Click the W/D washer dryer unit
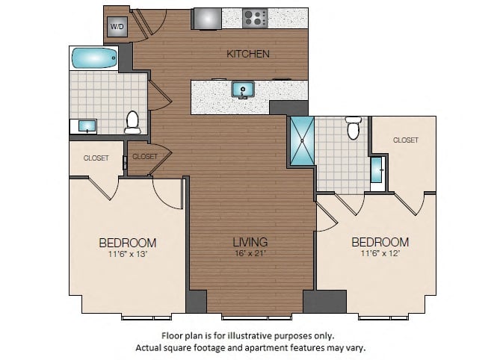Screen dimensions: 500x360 (x=117, y=26)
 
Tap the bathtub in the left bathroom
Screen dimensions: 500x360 (x=94, y=58)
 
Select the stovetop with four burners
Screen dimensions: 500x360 (x=255, y=18)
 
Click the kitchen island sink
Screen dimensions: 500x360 (x=243, y=90)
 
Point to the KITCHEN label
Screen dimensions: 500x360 (x=248, y=54)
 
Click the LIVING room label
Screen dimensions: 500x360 (x=250, y=242)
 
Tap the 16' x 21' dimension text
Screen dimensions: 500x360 (x=250, y=254)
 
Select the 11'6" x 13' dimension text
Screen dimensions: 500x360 (x=128, y=254)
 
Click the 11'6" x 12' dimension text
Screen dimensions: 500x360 (x=380, y=254)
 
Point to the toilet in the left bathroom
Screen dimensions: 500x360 (x=132, y=122)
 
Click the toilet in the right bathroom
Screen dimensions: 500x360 (x=354, y=128)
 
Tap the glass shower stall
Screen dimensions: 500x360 (x=302, y=141)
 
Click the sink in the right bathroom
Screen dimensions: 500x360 (x=377, y=170)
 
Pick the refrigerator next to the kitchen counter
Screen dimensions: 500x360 (x=207, y=19)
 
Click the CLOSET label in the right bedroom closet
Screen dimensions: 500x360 (x=406, y=140)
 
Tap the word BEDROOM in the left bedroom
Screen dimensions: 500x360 (x=128, y=243)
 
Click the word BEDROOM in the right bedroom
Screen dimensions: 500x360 (x=380, y=243)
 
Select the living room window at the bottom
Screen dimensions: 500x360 (x=256, y=317)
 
